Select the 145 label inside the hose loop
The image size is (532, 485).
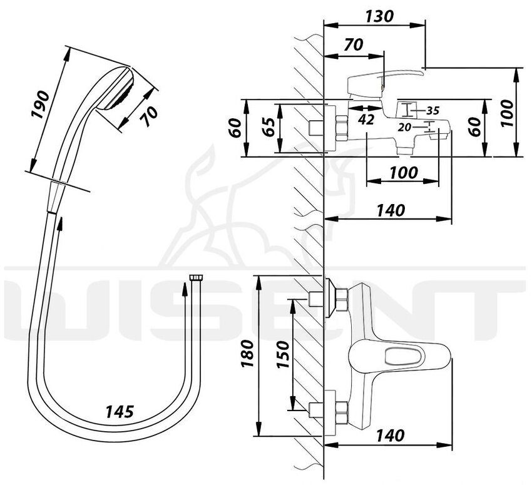[x=118, y=412]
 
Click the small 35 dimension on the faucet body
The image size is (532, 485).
[x=432, y=111]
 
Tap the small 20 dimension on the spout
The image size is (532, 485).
[x=404, y=128]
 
